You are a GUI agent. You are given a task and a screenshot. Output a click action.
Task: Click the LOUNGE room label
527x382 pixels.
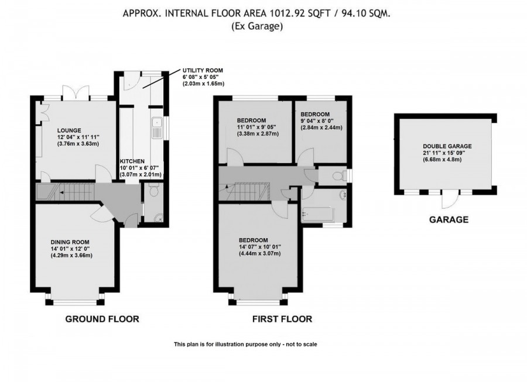click(69, 130)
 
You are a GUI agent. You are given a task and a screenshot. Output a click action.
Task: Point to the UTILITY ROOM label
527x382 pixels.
click(203, 70)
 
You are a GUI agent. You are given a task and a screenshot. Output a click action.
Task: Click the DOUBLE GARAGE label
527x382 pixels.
click(447, 147)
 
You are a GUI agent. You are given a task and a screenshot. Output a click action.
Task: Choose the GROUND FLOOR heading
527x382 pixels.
click(102, 319)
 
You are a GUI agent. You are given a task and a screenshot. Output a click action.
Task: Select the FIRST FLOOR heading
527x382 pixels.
click(282, 319)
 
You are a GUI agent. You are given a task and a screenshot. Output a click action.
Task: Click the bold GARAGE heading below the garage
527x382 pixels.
click(450, 220)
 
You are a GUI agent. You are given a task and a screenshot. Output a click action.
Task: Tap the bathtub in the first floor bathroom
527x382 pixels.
click(317, 216)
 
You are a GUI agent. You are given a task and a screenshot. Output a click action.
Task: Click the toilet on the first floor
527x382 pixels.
click(336, 175)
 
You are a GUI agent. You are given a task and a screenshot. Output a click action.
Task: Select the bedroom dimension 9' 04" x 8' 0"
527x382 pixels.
click(321, 121)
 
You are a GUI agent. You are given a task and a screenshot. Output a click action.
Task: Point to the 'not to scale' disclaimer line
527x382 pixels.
click(245, 345)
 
